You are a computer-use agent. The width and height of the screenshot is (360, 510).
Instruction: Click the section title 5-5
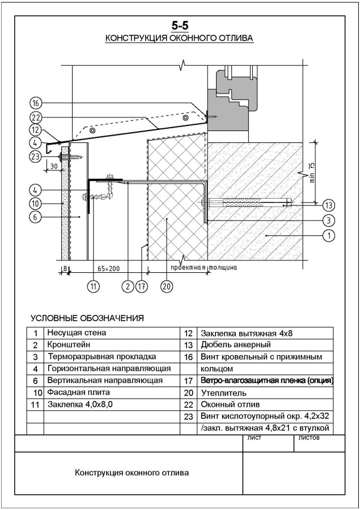pos(180,26)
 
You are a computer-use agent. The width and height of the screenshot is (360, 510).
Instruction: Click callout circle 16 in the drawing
pos(36,103)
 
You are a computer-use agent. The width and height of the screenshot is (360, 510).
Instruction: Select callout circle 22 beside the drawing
pos(36,117)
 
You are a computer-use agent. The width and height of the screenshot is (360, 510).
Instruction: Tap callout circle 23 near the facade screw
pos(36,157)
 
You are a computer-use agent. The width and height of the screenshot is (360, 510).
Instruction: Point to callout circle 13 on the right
pos(329,205)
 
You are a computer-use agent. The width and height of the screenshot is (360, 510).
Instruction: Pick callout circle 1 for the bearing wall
pos(329,235)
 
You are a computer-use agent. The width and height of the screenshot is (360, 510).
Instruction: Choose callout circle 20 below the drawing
pos(167,286)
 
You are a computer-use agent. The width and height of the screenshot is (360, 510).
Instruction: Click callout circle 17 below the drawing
pos(142,286)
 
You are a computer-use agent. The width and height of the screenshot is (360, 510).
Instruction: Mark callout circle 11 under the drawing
pos(94,286)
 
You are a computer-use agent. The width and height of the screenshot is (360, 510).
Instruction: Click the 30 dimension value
pos(54,166)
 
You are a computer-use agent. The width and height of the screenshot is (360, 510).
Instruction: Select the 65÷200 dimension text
pos(109,269)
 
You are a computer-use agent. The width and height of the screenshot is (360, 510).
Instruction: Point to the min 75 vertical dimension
pos(312,172)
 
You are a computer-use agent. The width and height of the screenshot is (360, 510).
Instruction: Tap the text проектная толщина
pos(204,268)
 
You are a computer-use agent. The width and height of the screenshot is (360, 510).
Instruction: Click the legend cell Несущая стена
pos(77,333)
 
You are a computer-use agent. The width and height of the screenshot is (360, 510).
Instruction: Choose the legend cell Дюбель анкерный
pos(236,344)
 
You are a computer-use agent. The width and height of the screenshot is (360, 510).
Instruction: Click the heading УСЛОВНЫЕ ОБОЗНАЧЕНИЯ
pos(87,318)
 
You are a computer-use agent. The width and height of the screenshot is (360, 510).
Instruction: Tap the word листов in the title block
pos(308,437)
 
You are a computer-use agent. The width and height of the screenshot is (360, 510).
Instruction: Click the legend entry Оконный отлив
pos(230,404)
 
